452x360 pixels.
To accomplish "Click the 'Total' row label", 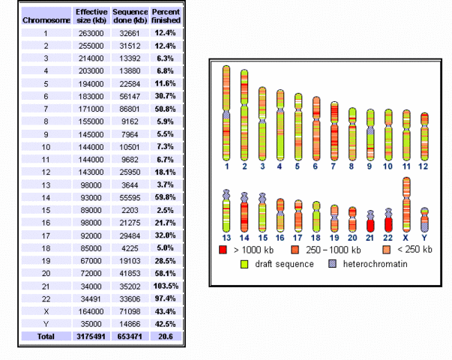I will pos(45,336).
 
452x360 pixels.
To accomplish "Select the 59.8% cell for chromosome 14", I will pos(165,201).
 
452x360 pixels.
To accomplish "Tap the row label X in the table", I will pos(45,310).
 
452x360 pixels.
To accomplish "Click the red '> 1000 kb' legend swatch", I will pos(223,249).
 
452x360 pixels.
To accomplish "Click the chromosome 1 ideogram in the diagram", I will pos(226,112).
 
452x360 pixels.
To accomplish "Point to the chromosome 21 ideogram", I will pos(370,220).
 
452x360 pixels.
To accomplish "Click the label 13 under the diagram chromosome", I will pos(226,238).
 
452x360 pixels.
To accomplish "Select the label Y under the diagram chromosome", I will pos(424,238).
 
